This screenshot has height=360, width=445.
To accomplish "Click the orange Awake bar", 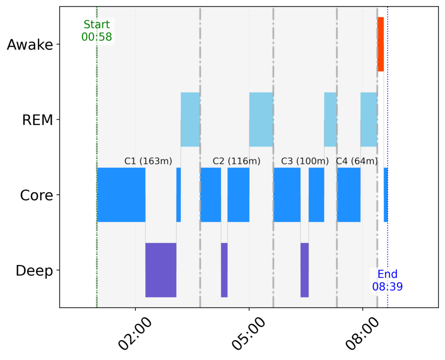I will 381,44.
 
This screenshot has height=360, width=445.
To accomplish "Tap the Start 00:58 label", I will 96,30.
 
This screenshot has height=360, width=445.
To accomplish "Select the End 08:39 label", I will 387,280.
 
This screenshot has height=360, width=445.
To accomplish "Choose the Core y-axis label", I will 37,195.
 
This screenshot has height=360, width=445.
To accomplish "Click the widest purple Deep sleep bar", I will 161,270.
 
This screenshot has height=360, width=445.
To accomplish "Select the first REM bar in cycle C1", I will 190,120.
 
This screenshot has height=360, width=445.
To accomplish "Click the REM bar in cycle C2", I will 261,120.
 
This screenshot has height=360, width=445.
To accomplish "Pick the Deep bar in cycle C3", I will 304,270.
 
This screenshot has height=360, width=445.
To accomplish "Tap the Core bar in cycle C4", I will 349,194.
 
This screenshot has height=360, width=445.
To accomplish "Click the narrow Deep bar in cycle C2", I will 224,270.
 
